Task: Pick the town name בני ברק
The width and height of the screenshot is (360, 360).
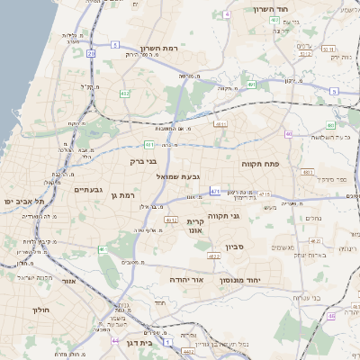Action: [145, 162]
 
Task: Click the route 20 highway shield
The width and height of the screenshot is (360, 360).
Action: [92, 54]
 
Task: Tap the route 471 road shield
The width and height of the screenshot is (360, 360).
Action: [214, 191]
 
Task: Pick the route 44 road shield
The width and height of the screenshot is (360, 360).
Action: [115, 341]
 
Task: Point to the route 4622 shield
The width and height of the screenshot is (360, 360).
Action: [214, 256]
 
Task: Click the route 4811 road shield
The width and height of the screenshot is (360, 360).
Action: [221, 125]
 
